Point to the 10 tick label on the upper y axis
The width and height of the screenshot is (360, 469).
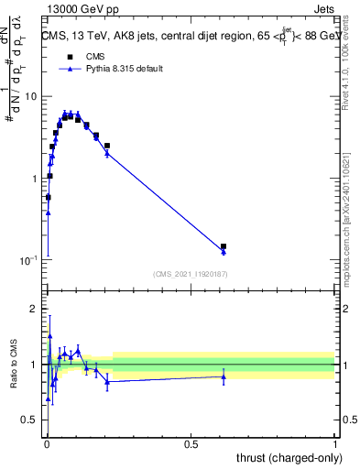coord(31,96)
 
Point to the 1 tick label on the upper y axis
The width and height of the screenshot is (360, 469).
coord(35,179)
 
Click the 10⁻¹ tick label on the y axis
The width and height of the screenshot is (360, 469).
coord(29,261)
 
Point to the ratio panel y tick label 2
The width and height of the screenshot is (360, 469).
coord(36,309)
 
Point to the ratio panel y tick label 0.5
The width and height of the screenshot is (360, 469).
coord(31,420)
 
